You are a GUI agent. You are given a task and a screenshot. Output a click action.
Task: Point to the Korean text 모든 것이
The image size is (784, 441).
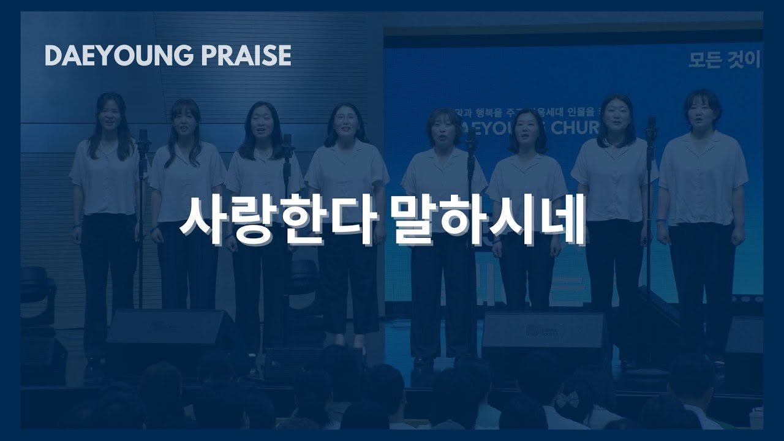click(724, 60)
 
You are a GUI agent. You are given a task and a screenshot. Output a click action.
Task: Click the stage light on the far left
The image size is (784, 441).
click(37, 288)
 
